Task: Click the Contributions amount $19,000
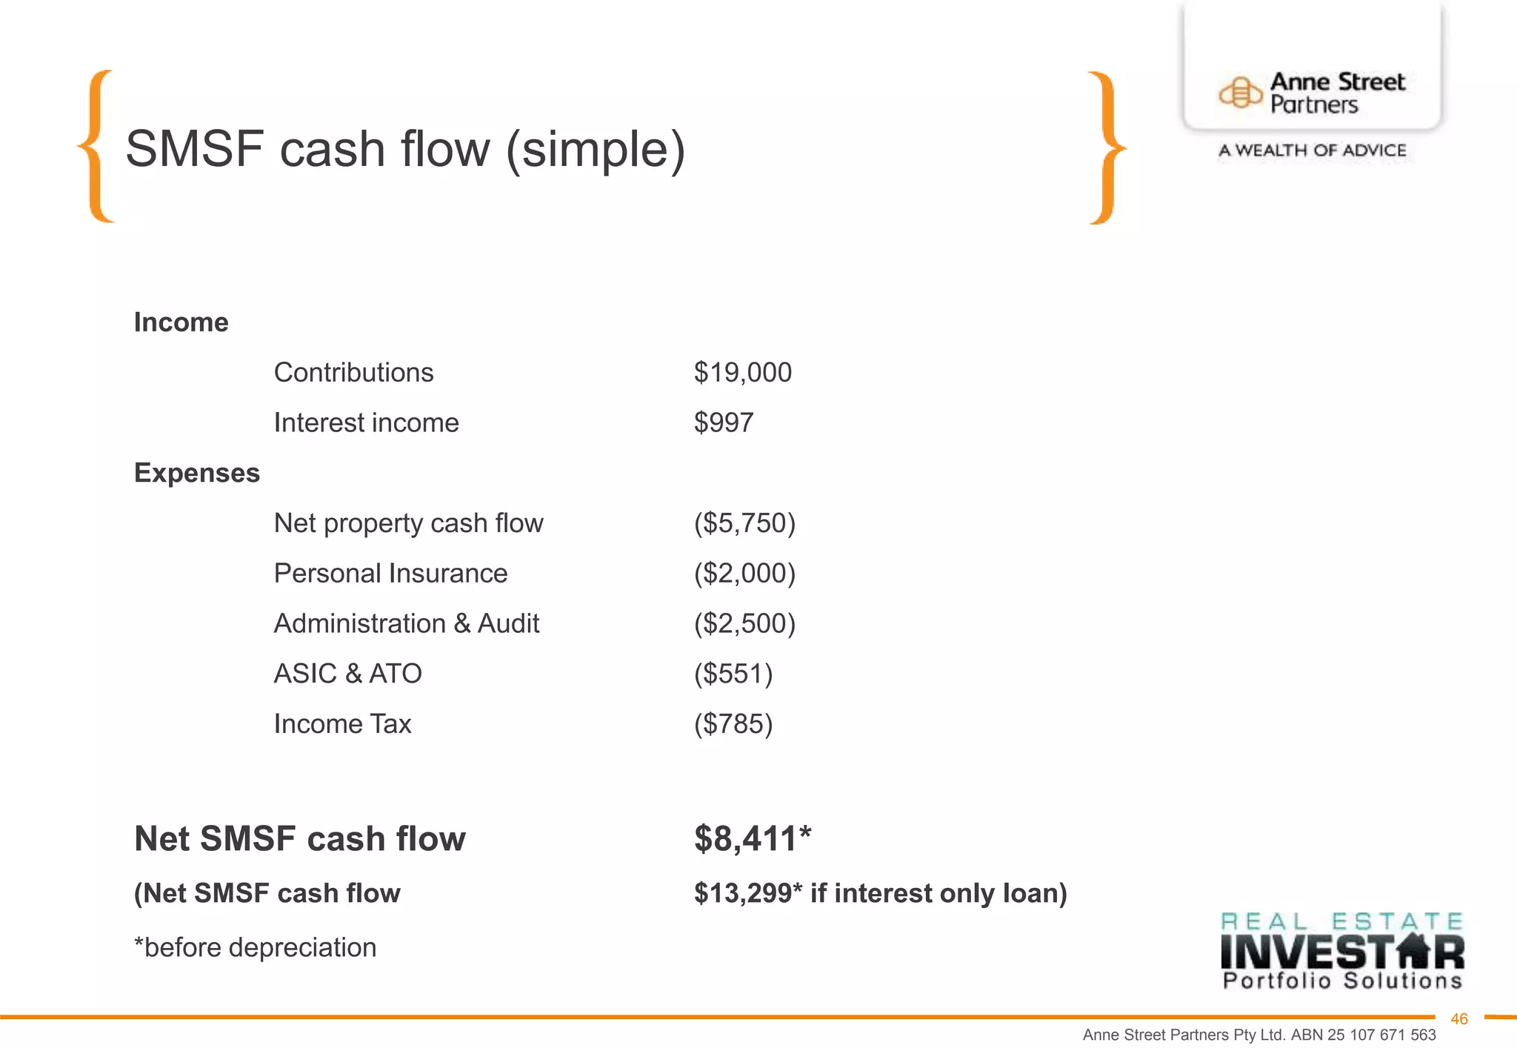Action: tap(742, 372)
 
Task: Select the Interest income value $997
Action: tap(723, 422)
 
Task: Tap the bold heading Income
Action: tap(181, 322)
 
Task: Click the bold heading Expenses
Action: tap(196, 473)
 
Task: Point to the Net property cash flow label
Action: tap(408, 523)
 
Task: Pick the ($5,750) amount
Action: tap(744, 523)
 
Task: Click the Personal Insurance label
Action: tap(390, 574)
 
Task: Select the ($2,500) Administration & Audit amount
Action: tap(744, 623)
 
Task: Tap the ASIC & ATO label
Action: tap(347, 674)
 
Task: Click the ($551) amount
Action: tap(733, 674)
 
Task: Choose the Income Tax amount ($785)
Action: tap(733, 724)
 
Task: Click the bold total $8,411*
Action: tap(752, 839)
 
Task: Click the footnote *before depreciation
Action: tap(255, 948)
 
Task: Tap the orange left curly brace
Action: tap(96, 146)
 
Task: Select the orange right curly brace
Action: tap(1107, 147)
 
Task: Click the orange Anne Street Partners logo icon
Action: tap(1240, 93)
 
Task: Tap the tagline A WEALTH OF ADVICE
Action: tap(1312, 150)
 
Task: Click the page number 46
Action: tap(1458, 1019)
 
